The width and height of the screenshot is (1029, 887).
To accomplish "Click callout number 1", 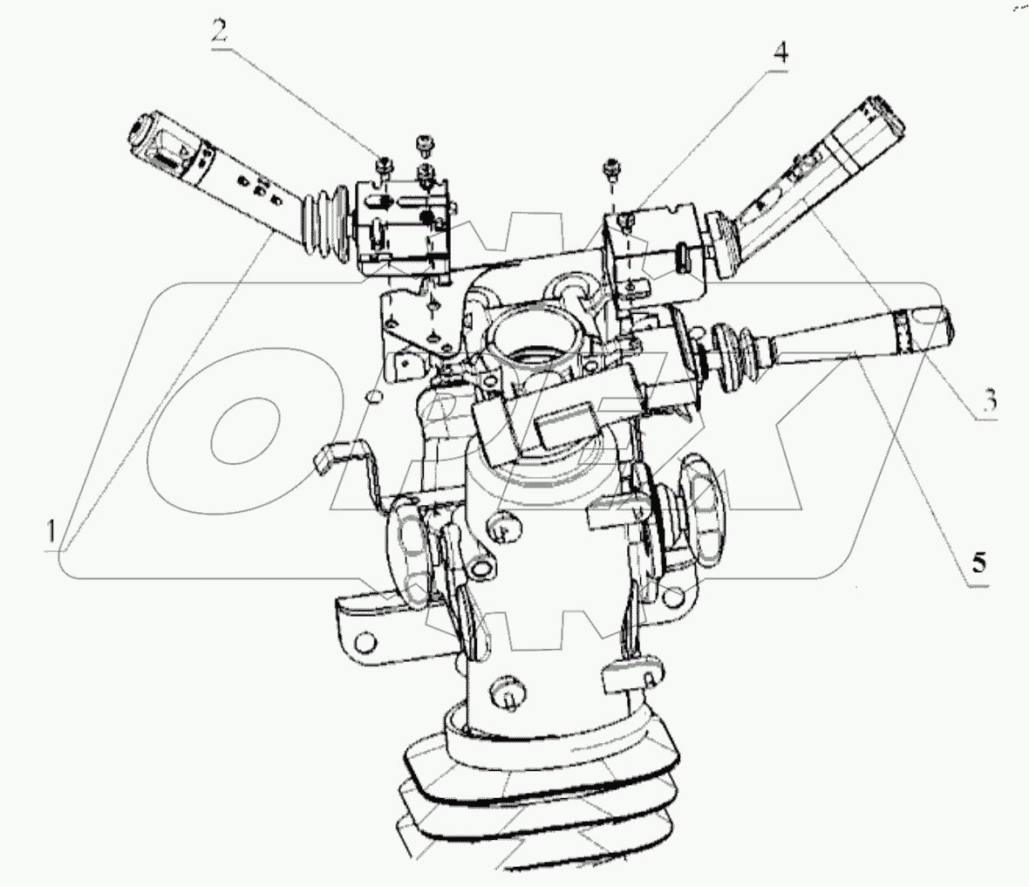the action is (x=51, y=530).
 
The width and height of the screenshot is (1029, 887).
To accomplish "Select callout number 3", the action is (x=989, y=399).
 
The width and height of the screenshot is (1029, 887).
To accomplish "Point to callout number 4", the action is (x=780, y=51).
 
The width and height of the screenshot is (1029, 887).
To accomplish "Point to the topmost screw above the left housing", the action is (x=423, y=146).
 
